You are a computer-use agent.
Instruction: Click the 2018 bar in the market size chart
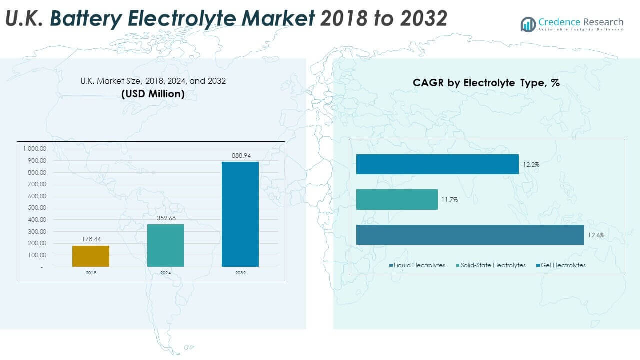click(x=91, y=256)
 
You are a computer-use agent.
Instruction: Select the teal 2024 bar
click(x=165, y=245)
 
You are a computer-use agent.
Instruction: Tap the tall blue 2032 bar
click(x=240, y=214)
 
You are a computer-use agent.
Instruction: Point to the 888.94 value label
click(x=240, y=156)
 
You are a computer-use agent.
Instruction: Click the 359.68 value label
click(x=165, y=218)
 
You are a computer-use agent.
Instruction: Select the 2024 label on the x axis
click(x=165, y=273)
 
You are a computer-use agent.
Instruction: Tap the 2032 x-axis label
click(x=240, y=273)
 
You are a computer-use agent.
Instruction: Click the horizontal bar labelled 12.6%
click(x=470, y=235)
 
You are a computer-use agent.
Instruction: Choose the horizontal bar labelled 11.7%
click(x=397, y=199)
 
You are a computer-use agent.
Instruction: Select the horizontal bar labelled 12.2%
click(x=437, y=164)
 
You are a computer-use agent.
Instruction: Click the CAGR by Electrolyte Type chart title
click(x=486, y=83)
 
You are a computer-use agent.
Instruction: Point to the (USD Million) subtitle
click(x=153, y=93)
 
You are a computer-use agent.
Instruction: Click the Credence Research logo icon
click(x=528, y=24)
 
